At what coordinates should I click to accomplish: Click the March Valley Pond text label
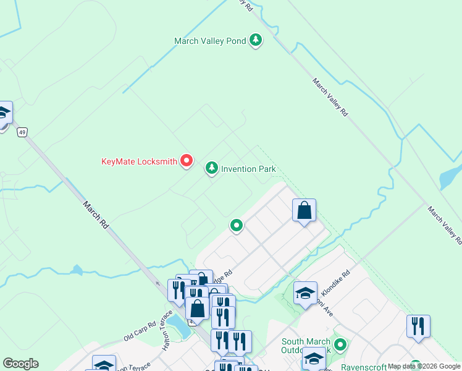(210, 41)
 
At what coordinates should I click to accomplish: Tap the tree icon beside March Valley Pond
(256, 41)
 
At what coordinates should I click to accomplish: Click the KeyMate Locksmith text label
(140, 162)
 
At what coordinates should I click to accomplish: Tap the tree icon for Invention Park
(212, 168)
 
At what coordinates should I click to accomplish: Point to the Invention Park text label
(248, 169)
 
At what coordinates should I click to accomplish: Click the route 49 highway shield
(23, 132)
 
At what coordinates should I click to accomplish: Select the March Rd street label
(94, 215)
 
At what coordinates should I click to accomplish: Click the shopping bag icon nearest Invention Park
(304, 211)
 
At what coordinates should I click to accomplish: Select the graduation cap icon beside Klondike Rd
(305, 294)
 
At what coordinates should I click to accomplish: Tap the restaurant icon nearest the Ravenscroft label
(418, 326)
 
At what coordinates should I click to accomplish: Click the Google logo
(20, 364)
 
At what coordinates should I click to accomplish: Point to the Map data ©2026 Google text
(424, 366)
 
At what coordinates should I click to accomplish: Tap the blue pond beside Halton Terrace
(180, 326)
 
